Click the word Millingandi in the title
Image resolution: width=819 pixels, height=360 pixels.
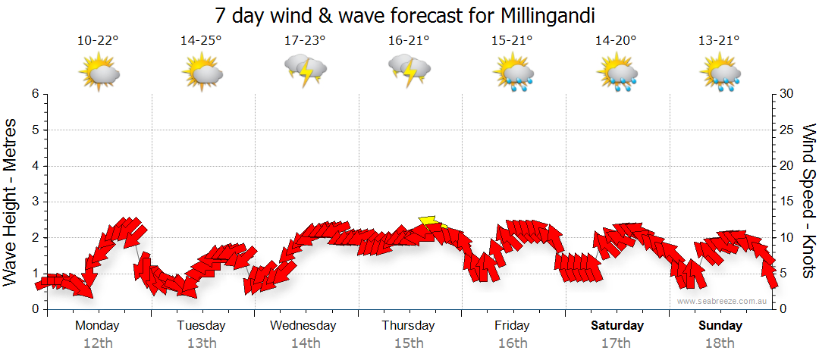[547, 15]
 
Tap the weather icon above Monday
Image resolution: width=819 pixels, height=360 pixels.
[99, 72]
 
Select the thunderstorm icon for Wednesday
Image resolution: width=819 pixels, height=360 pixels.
[305, 71]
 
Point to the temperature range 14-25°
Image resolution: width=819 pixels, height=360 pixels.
[202, 41]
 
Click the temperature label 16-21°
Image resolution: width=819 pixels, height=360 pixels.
[409, 41]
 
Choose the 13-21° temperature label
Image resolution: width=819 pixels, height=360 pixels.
[720, 41]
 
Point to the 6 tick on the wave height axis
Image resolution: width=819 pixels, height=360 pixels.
[35, 94]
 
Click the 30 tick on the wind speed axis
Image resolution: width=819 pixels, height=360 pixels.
[787, 94]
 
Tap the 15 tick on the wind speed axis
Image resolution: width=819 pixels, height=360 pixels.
[787, 202]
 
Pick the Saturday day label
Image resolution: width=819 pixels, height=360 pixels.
[617, 326]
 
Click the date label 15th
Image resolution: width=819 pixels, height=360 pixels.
[409, 343]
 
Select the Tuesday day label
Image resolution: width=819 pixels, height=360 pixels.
[201, 326]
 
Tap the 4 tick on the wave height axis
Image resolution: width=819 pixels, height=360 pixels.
[35, 166]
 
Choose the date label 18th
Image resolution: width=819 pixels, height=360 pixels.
[720, 343]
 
